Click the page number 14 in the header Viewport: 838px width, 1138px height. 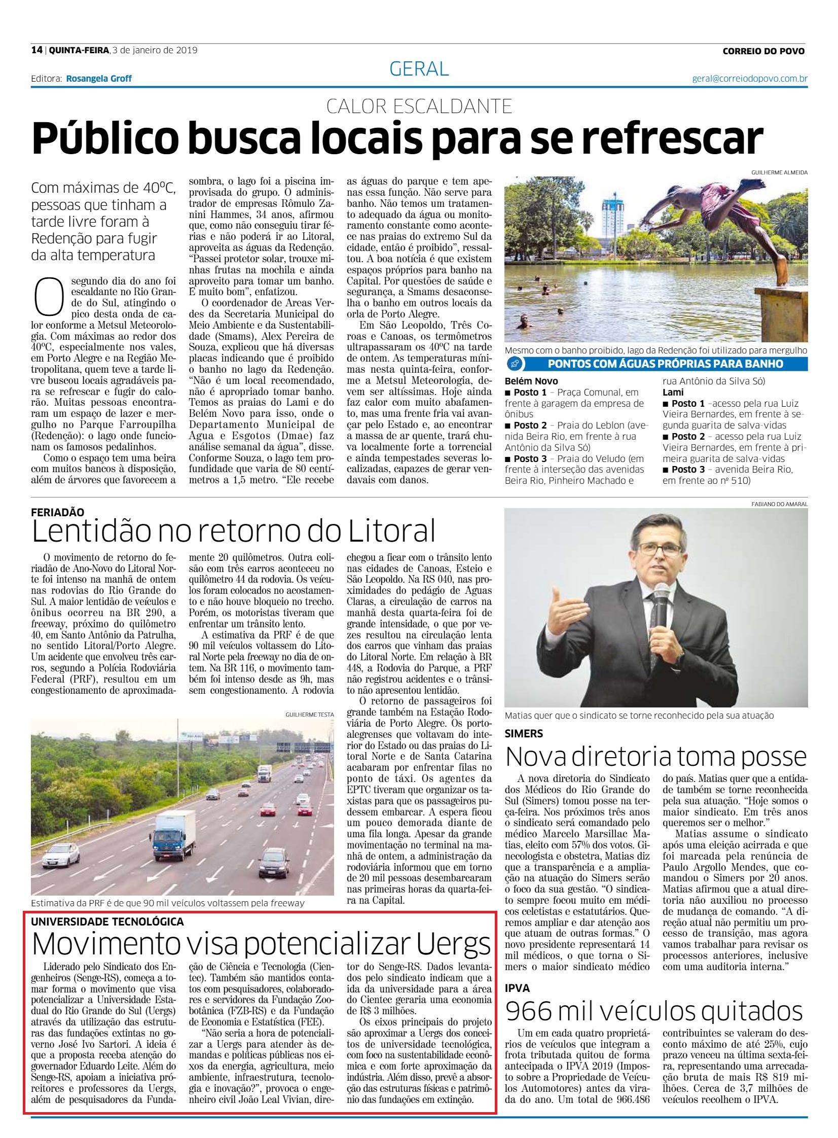(x=36, y=50)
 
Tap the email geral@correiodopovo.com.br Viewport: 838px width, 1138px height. (x=750, y=79)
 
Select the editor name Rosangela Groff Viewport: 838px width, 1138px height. (x=99, y=79)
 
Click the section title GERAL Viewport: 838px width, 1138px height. (x=419, y=69)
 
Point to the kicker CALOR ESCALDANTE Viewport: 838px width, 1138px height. (x=419, y=106)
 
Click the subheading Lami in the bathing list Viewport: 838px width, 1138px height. (x=673, y=392)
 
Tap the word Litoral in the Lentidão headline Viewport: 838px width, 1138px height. (x=391, y=531)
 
